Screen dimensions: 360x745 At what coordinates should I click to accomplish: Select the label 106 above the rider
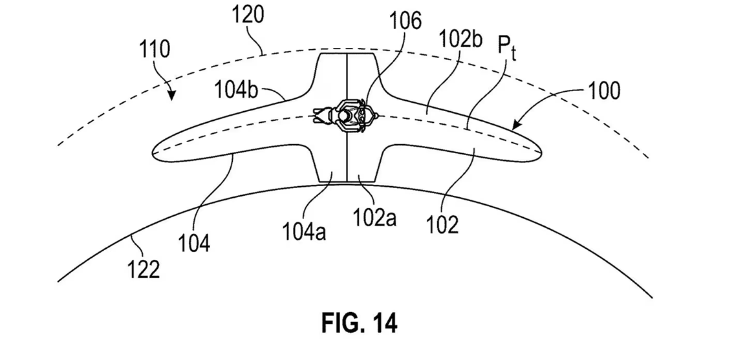[405, 22]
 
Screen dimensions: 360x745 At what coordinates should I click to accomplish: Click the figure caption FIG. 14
[359, 323]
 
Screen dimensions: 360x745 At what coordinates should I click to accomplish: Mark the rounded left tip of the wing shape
[155, 153]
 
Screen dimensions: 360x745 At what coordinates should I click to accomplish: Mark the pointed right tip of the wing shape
[539, 150]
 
